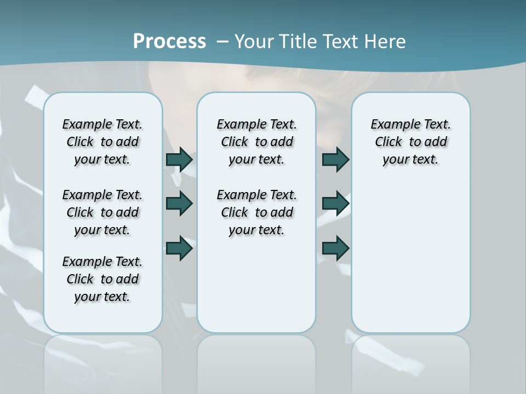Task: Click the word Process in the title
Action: tap(169, 42)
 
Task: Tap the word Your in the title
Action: tap(255, 42)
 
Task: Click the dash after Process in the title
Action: tap(222, 42)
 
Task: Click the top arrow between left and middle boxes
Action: tap(179, 159)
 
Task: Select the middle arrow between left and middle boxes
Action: tap(179, 204)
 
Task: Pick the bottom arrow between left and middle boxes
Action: tap(179, 248)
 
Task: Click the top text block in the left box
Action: tap(102, 142)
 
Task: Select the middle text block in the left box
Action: tap(102, 212)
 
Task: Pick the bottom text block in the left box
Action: tap(102, 279)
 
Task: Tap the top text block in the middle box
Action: tap(256, 142)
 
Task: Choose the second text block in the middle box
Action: tap(256, 212)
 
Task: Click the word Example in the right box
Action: tap(391, 125)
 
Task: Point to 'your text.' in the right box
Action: tap(410, 160)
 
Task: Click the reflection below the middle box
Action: tap(256, 361)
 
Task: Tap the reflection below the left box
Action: tap(102, 361)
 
